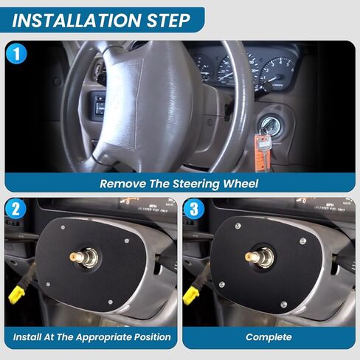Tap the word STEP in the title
165,19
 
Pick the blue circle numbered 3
195,210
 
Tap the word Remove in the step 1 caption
122,183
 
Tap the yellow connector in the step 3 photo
190,295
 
